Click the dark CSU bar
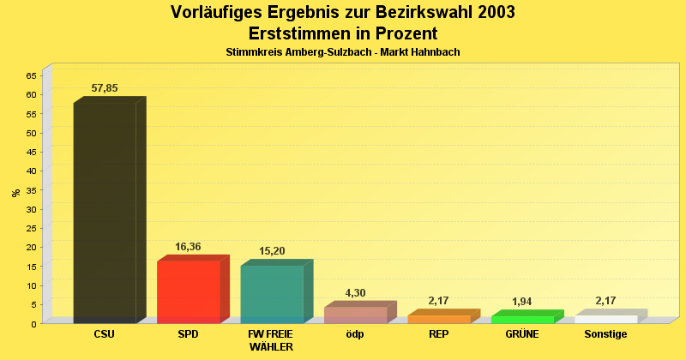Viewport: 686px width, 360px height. point(105,212)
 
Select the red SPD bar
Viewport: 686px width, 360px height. point(189,291)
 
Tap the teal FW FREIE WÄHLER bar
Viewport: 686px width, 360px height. point(272,294)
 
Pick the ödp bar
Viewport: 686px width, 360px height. point(355,315)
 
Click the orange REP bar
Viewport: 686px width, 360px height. point(439,319)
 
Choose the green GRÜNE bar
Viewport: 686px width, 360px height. point(522,319)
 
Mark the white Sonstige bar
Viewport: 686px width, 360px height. point(605,319)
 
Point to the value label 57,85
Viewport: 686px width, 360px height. point(105,88)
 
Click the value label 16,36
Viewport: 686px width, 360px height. point(188,247)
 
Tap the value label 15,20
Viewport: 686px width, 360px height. point(272,251)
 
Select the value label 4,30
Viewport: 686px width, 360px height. point(355,293)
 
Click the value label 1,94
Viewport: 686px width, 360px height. point(522,302)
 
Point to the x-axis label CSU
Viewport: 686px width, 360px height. point(105,334)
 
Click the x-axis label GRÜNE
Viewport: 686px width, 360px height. point(522,334)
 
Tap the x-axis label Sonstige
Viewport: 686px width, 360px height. point(605,334)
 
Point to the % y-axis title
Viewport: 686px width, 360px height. point(15,193)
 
